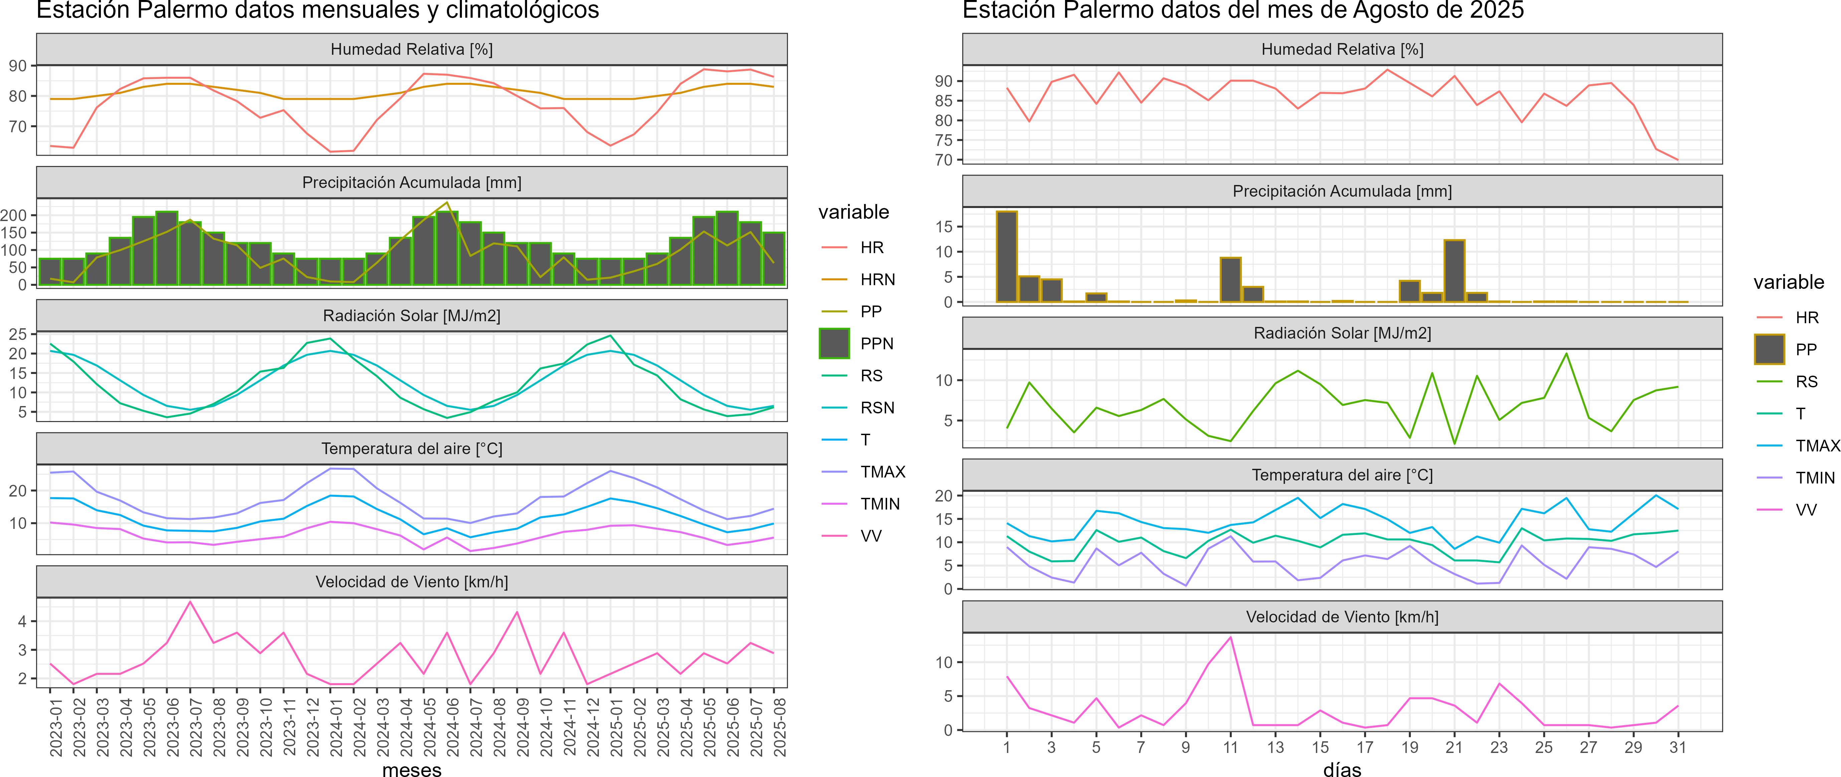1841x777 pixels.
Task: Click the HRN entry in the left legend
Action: click(x=877, y=279)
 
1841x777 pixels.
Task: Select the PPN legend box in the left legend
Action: click(x=834, y=344)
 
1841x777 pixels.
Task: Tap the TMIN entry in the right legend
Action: click(x=1815, y=478)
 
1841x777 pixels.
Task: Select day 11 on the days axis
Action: click(x=1230, y=747)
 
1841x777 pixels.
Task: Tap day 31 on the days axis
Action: click(x=1677, y=747)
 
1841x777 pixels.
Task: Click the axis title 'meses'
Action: click(x=411, y=769)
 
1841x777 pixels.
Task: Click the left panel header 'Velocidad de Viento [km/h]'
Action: click(x=411, y=582)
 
